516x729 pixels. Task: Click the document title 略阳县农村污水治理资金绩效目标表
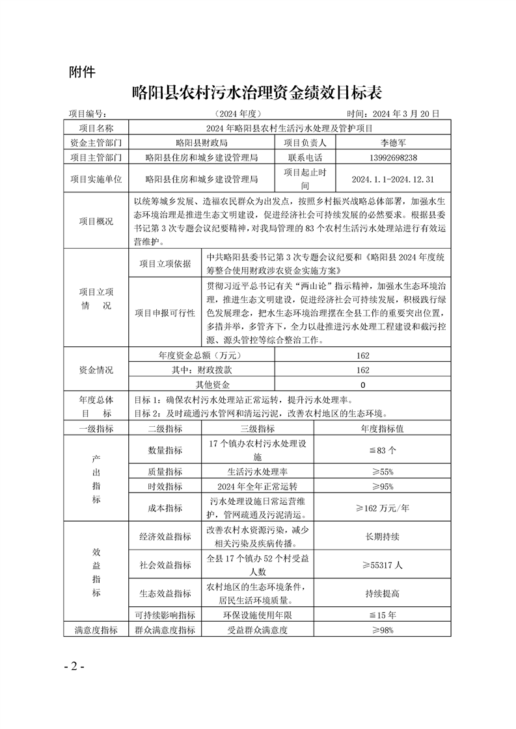click(257, 91)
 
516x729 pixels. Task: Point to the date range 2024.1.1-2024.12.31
click(392, 179)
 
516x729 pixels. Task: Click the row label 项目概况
click(96, 222)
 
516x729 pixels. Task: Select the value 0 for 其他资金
click(362, 385)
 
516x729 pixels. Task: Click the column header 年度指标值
click(383, 429)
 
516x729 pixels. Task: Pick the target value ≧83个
click(383, 450)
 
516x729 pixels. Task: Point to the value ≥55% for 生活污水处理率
click(383, 472)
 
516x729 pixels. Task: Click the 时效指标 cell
click(165, 486)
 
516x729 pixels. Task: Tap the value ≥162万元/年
click(383, 508)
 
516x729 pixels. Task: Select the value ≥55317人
click(383, 565)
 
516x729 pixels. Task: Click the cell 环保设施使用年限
click(257, 615)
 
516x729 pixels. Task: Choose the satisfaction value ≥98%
click(383, 630)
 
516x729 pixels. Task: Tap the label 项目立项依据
click(165, 264)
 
